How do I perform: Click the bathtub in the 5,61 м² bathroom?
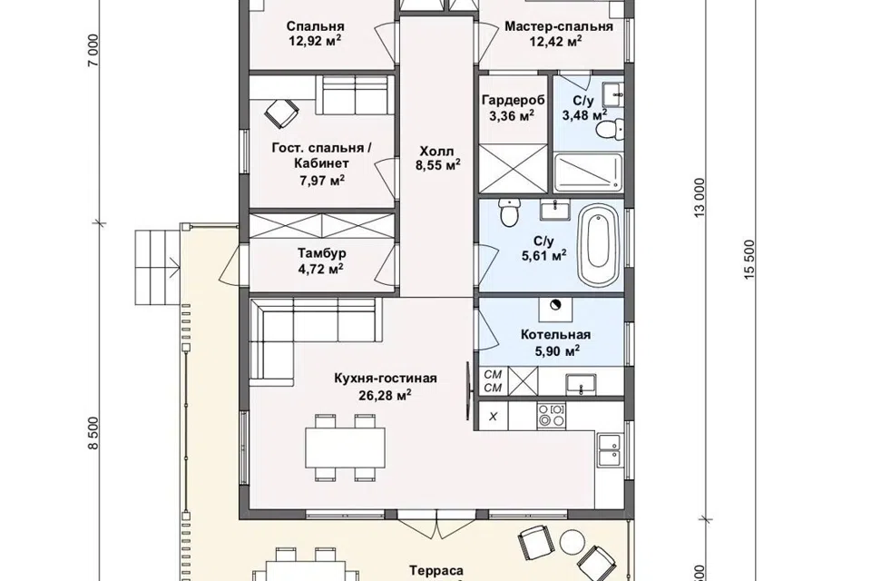click(x=598, y=246)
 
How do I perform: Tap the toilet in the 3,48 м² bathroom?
click(x=608, y=130)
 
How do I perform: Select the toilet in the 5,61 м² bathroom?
click(x=509, y=213)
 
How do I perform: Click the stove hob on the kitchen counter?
click(x=552, y=416)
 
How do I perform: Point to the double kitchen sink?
click(x=610, y=449)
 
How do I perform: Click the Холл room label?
click(x=436, y=152)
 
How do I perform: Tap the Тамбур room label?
click(x=321, y=253)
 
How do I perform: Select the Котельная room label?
click(x=555, y=335)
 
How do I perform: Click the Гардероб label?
click(x=514, y=100)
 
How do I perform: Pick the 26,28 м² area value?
click(x=386, y=395)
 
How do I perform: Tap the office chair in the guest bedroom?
click(x=281, y=113)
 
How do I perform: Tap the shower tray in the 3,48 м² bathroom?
click(x=588, y=172)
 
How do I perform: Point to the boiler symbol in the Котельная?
click(x=555, y=305)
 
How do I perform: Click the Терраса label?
click(x=436, y=571)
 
